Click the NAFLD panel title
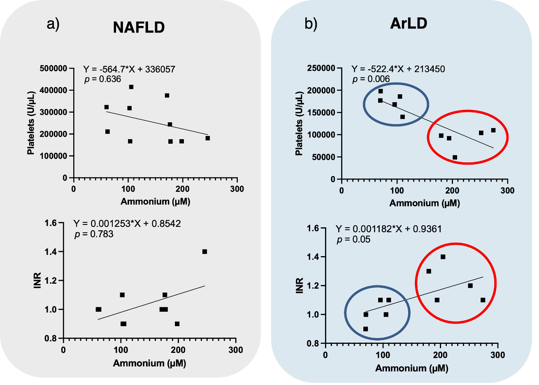tap(139, 27)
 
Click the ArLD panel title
tap(409, 23)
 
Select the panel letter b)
tap(311, 24)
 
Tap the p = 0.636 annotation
tap(103, 79)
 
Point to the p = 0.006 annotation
tap(371, 79)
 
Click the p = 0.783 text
tap(94, 234)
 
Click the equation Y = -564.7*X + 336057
tap(129, 69)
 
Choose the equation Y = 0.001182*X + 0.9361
tap(388, 229)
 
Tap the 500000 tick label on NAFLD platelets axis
tap(53, 68)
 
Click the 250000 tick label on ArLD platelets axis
tap(322, 68)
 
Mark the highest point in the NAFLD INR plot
tap(204, 252)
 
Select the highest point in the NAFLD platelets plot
tap(131, 87)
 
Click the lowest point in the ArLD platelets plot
tap(455, 157)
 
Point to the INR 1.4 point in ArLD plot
tap(443, 257)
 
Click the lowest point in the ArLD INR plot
tap(365, 329)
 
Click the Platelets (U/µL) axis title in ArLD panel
tap(299, 123)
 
